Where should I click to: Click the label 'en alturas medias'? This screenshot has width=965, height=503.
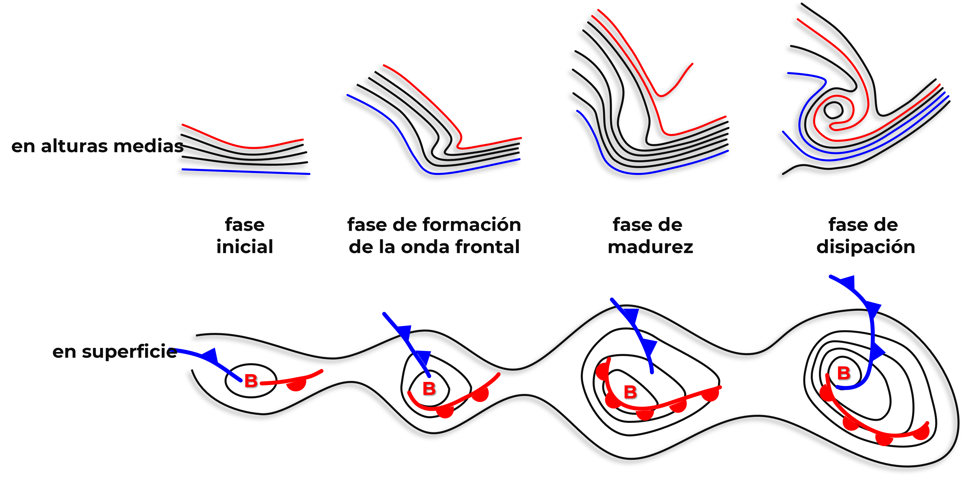(x=97, y=146)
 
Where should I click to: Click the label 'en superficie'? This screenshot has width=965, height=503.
(x=114, y=352)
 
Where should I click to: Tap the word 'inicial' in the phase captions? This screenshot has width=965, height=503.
(x=245, y=247)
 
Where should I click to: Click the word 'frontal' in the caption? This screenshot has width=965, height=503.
(x=487, y=247)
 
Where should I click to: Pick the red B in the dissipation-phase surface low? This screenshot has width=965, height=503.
(x=844, y=373)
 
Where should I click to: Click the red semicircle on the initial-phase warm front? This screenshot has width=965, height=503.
(x=297, y=385)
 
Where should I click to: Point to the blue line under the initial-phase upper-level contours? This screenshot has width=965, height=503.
(x=246, y=172)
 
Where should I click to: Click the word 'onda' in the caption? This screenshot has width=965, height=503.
(x=425, y=247)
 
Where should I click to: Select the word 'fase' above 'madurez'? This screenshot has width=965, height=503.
(x=627, y=225)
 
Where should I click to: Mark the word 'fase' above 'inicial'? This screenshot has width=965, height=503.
(x=245, y=225)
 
